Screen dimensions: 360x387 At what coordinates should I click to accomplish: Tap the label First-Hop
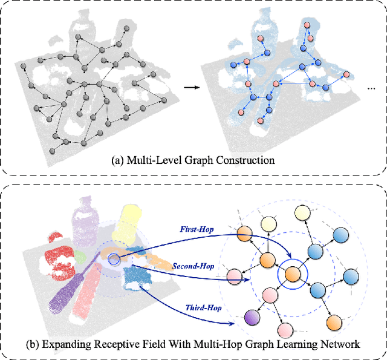point(195,229)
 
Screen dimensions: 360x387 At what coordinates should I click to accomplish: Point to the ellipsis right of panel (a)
point(371,88)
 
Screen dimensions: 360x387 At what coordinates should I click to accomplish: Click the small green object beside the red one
point(80,257)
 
